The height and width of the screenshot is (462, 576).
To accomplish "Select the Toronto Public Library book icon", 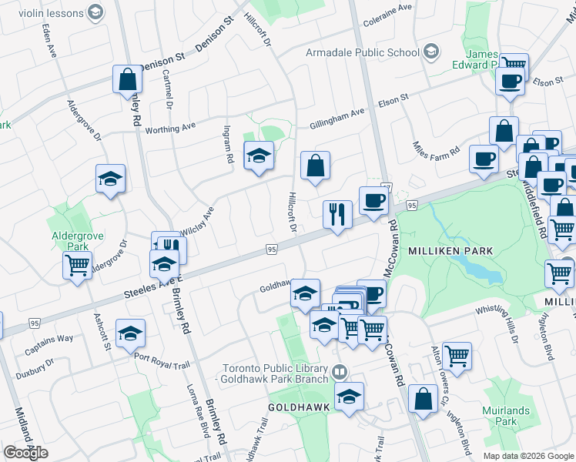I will click(x=339, y=373).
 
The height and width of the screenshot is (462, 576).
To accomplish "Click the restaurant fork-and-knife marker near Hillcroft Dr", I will click(x=337, y=214).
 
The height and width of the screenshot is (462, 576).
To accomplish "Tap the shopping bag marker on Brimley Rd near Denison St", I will click(x=127, y=79).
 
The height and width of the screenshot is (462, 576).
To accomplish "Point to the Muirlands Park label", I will click(x=506, y=416).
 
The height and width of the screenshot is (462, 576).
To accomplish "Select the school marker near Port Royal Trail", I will click(x=131, y=333).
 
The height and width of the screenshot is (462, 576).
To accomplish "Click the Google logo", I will click(x=25, y=452).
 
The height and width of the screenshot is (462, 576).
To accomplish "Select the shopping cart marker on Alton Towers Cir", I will click(x=457, y=356).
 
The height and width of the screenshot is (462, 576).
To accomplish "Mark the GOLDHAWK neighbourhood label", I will click(x=299, y=407).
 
